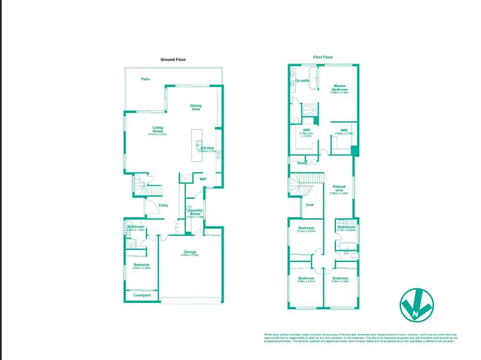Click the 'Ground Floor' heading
click(x=173, y=59)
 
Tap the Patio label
click(x=146, y=79)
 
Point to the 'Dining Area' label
click(x=196, y=107)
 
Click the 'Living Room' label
click(x=157, y=129)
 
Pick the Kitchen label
click(x=207, y=148)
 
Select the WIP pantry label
click(x=203, y=179)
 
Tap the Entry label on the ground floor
click(x=164, y=205)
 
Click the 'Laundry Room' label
click(x=195, y=212)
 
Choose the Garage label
click(x=190, y=252)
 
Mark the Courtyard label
click(x=141, y=295)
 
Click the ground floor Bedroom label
click(x=141, y=265)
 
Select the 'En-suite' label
click(x=302, y=81)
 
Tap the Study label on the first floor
click(x=301, y=163)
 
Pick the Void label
click(x=309, y=205)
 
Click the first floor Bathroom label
click(x=346, y=227)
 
